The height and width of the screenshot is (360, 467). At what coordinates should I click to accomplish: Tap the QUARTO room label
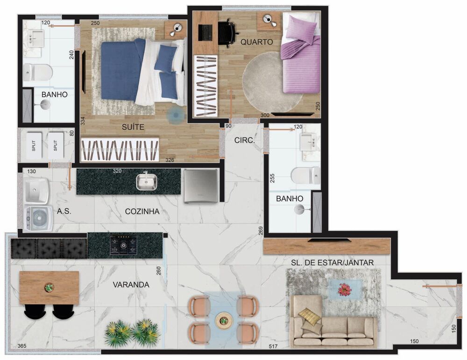click(256, 42)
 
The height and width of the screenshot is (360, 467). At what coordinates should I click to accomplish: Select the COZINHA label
click(142, 212)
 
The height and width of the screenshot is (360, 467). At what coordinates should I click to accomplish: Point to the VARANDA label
click(131, 284)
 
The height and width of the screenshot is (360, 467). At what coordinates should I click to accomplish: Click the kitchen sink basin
click(146, 181)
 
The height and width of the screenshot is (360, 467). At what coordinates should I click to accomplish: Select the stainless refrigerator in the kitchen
click(200, 185)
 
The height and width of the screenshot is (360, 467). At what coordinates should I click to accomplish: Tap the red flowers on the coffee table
click(344, 290)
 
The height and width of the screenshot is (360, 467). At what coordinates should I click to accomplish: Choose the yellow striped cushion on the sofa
click(310, 317)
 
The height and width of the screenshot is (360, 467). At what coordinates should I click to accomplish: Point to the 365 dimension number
click(21, 346)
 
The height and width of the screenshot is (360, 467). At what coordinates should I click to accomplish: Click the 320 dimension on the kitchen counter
click(117, 171)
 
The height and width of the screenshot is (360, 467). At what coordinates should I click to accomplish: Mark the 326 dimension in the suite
click(170, 160)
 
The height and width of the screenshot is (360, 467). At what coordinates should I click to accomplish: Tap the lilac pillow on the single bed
click(301, 28)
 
